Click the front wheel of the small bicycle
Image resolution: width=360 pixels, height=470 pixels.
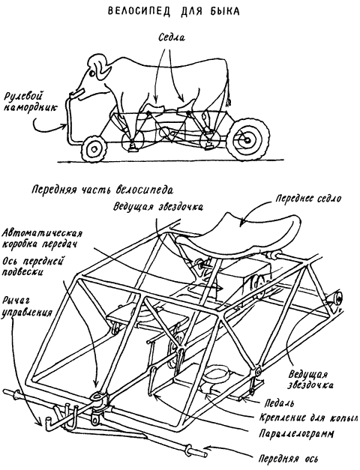[x=94, y=146]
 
